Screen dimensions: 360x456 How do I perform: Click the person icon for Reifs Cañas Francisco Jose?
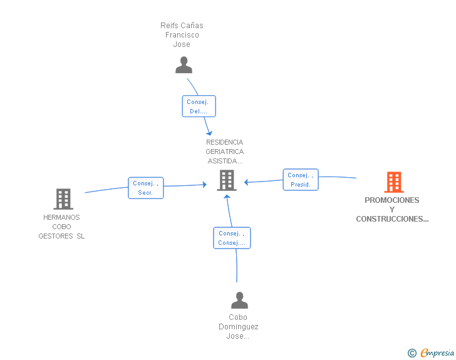(x=184, y=65)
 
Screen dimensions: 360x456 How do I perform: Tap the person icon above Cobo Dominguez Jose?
(x=239, y=301)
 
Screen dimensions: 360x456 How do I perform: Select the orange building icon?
(x=394, y=182)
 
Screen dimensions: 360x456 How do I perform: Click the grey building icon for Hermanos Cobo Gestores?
(x=63, y=199)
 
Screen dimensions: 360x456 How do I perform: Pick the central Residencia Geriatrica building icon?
(x=226, y=180)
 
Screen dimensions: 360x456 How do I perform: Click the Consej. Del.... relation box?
(x=199, y=106)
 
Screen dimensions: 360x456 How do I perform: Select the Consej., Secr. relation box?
(x=146, y=188)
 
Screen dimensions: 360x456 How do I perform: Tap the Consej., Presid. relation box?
(x=301, y=180)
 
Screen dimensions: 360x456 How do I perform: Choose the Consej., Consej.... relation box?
(x=232, y=238)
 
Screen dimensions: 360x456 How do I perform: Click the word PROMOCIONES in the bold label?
(x=392, y=200)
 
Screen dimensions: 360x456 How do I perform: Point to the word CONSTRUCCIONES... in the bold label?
(x=392, y=219)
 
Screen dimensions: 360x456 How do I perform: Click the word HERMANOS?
(x=61, y=217)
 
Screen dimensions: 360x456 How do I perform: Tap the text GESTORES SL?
(x=61, y=236)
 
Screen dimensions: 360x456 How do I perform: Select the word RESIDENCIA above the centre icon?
(x=224, y=142)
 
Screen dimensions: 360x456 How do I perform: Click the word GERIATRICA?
(x=224, y=152)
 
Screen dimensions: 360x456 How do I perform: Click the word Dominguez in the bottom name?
(x=238, y=327)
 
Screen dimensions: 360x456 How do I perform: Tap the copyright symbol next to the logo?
(x=412, y=353)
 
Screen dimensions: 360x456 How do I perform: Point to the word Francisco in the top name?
(x=182, y=35)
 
